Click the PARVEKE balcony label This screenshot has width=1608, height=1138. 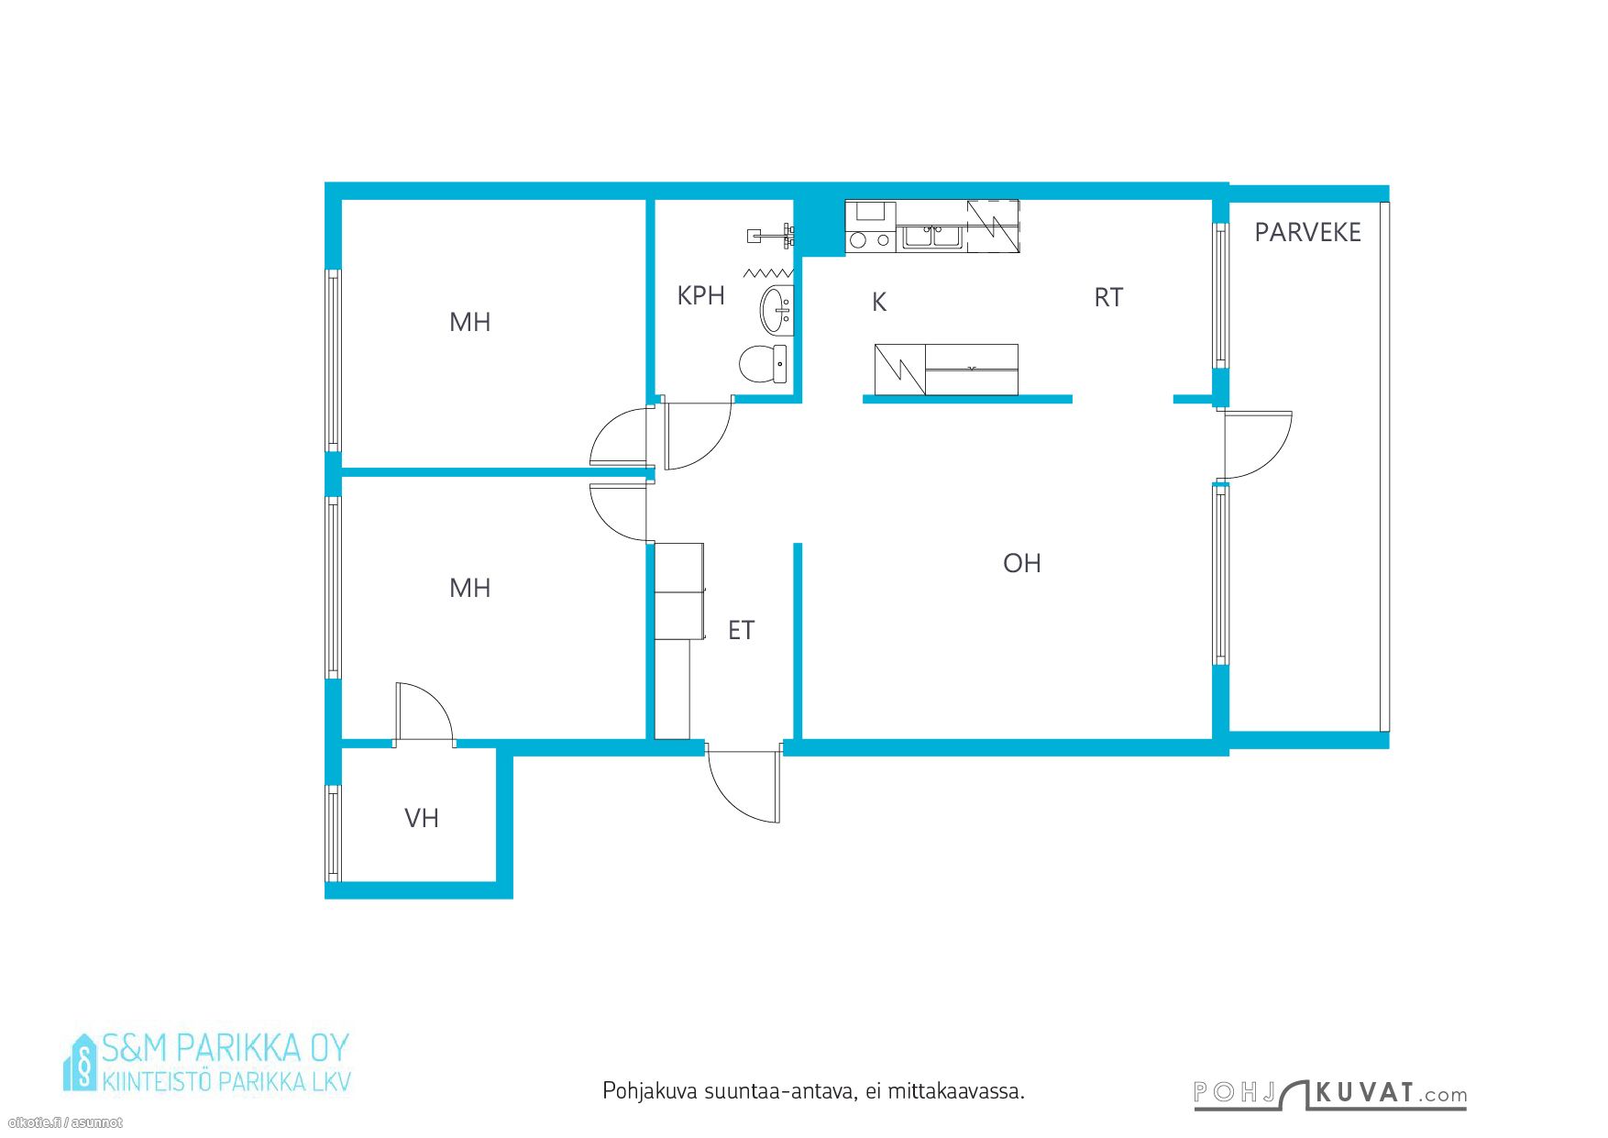tap(1307, 233)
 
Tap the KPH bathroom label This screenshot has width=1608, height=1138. tap(700, 295)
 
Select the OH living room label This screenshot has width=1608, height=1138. tap(1021, 563)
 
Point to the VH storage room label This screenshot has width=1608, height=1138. tap(422, 818)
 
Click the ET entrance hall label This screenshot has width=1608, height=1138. tap(741, 630)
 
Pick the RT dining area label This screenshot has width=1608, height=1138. tap(1108, 297)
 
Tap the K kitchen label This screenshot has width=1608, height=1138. tap(879, 302)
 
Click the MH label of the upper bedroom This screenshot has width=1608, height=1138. tap(469, 322)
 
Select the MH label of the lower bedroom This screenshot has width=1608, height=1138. tap(469, 588)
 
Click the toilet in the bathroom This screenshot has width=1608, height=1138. tap(763, 364)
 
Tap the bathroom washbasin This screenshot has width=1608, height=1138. tap(776, 311)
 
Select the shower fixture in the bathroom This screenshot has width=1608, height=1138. tap(771, 236)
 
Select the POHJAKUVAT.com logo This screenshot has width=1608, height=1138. tap(1330, 1094)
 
